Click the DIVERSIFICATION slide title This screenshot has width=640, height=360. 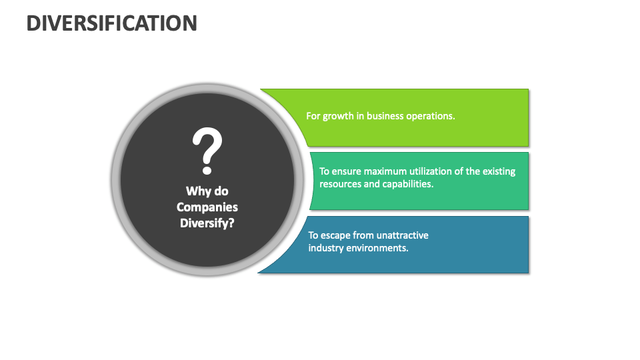click(x=112, y=23)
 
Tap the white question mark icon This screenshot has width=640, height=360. click(x=207, y=149)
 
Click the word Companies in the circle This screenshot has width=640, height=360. click(x=207, y=207)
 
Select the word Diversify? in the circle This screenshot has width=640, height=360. click(x=207, y=223)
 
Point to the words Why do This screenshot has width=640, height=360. click(x=207, y=191)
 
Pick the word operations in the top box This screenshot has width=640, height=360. click(x=431, y=116)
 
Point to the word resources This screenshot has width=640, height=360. click(x=340, y=184)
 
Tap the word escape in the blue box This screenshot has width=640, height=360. click(x=335, y=235)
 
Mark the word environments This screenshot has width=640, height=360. click(x=376, y=248)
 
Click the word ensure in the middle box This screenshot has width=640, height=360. click(x=346, y=171)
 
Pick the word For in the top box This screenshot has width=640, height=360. click(x=313, y=116)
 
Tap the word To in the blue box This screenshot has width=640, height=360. click(x=313, y=235)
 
